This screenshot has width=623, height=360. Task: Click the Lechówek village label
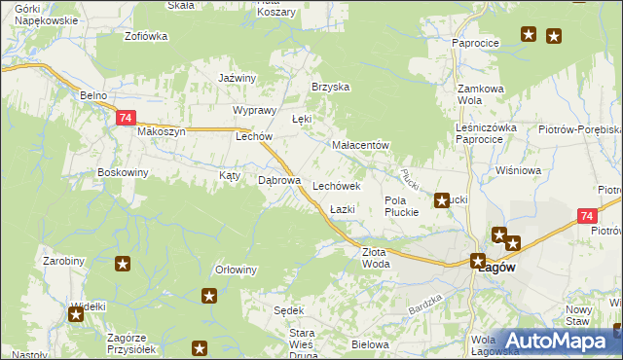coord(337,185)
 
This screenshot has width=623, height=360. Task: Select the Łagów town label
coord(497,269)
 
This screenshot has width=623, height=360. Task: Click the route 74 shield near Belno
coord(124,118)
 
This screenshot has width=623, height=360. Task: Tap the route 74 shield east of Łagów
coord(585,216)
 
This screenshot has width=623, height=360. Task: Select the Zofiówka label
coord(146,36)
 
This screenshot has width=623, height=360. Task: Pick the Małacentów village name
coord(360,145)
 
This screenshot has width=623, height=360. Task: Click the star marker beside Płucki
coord(442,201)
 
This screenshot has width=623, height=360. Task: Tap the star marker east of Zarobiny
coord(123,263)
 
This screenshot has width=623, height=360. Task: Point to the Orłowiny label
coord(236,270)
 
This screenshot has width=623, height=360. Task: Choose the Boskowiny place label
coord(123,172)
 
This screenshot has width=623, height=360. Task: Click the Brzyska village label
coord(330,87)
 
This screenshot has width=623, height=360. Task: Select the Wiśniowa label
coord(517,170)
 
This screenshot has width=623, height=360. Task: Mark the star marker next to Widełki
coord(76,313)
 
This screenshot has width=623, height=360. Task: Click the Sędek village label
coord(289,310)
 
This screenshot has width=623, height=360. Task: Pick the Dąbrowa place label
coord(277,180)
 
